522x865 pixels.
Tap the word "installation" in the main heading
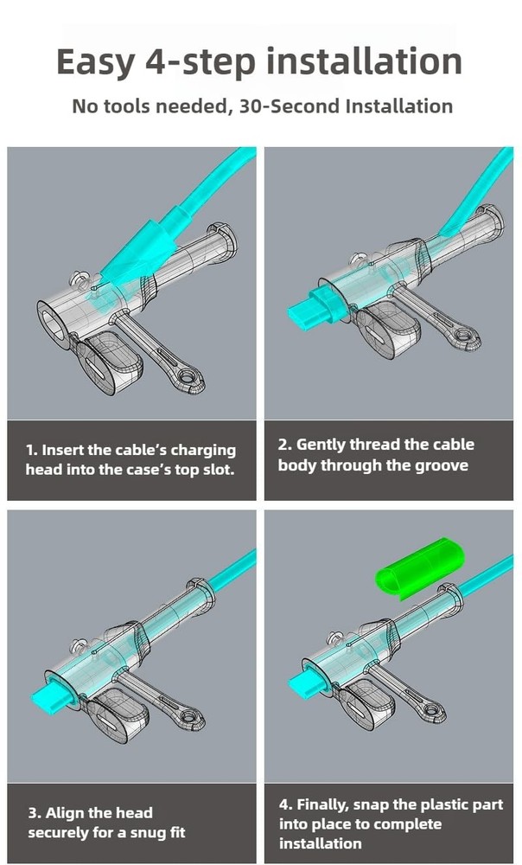point(363,62)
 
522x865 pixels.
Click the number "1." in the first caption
point(32,450)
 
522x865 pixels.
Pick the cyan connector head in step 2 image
point(308,304)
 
